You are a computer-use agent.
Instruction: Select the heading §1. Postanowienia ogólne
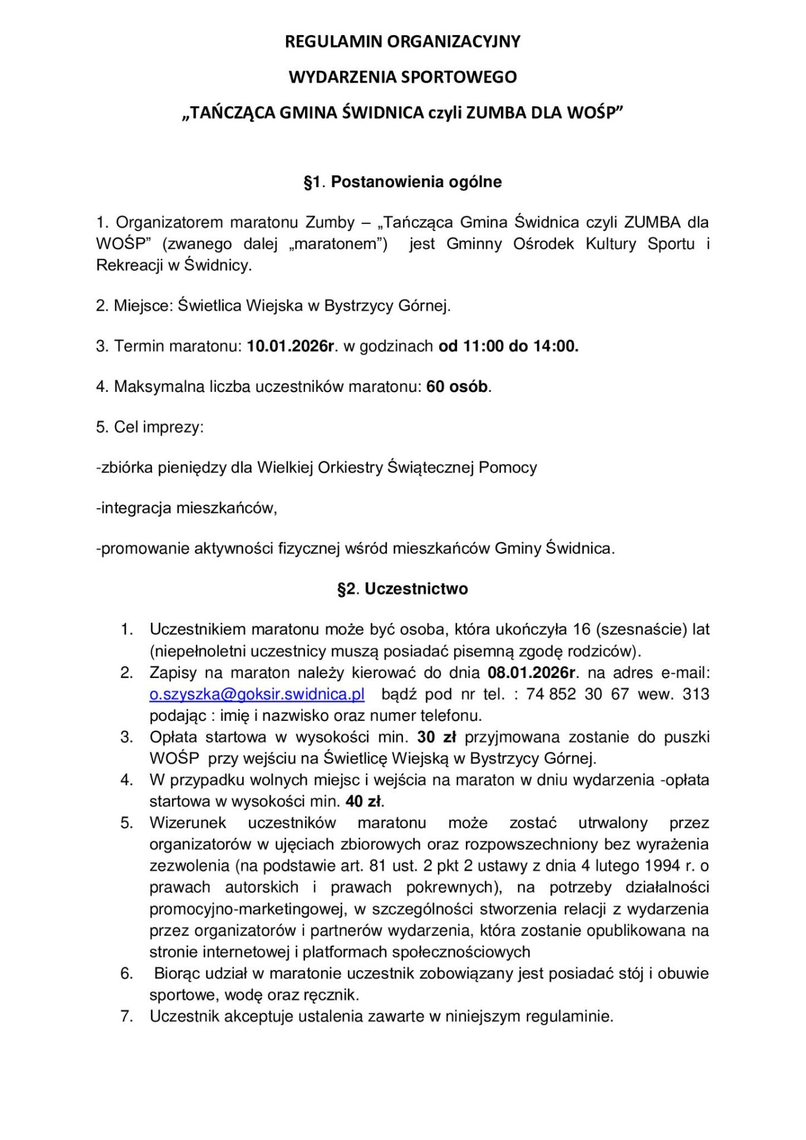coord(402,182)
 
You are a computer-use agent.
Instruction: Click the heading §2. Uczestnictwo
coord(402,589)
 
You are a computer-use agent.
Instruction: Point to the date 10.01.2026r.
coord(291,346)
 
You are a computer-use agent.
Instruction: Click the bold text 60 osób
coord(458,387)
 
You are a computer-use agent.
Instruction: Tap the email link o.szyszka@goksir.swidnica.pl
coord(256,694)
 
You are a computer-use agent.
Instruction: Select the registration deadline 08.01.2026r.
coord(531,673)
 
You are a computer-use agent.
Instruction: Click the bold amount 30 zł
coord(436,737)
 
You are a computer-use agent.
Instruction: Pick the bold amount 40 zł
coord(364,802)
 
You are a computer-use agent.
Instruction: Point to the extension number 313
coord(696,694)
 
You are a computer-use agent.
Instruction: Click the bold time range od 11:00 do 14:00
coord(508,346)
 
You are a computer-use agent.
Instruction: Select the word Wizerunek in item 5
coord(188,823)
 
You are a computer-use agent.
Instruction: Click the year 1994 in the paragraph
coord(662,866)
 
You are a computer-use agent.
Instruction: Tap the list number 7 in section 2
coord(126,1016)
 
